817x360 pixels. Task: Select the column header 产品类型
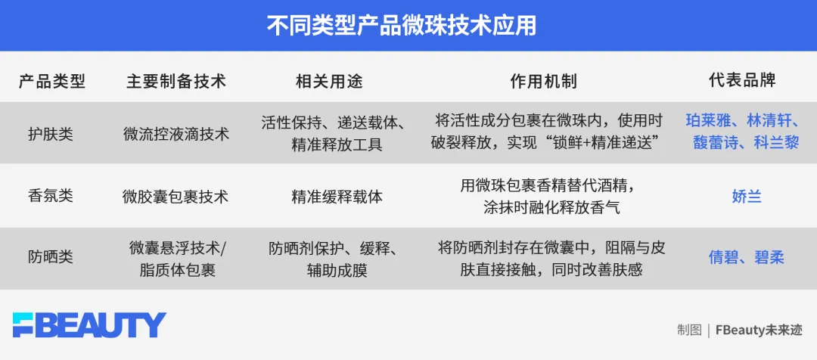pyautogui.click(x=52, y=81)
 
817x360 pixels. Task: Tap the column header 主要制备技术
pyautogui.click(x=176, y=81)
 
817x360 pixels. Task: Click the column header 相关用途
pyautogui.click(x=329, y=81)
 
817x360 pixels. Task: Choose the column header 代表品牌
pyautogui.click(x=742, y=81)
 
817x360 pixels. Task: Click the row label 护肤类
pyautogui.click(x=51, y=134)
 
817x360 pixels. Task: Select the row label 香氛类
pyautogui.click(x=51, y=196)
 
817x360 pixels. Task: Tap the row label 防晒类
pyautogui.click(x=51, y=257)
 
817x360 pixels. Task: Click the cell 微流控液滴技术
pyautogui.click(x=176, y=134)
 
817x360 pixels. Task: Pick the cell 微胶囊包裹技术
pyautogui.click(x=176, y=196)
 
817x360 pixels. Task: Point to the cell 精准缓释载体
pyautogui.click(x=337, y=196)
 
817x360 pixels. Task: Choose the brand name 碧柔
pyautogui.click(x=769, y=257)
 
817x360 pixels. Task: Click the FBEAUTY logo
pyautogui.click(x=89, y=324)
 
